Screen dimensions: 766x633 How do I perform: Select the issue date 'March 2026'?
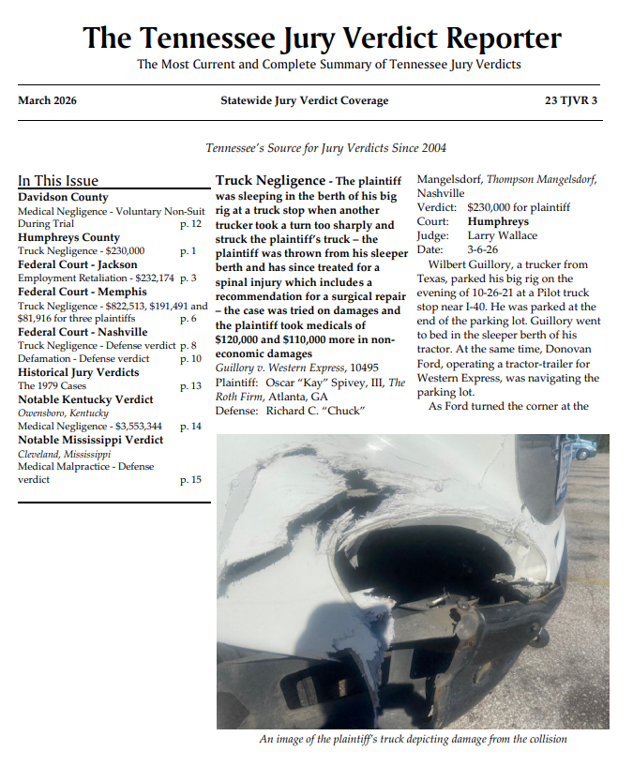pyautogui.click(x=47, y=100)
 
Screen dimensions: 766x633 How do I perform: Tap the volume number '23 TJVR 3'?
pyautogui.click(x=570, y=100)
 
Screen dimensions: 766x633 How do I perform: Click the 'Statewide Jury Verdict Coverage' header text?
pyautogui.click(x=304, y=100)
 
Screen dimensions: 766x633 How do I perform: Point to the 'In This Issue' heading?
pyautogui.click(x=58, y=181)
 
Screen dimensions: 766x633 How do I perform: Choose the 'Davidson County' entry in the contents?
pyautogui.click(x=63, y=197)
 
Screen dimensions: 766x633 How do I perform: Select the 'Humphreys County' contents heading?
pyautogui.click(x=68, y=237)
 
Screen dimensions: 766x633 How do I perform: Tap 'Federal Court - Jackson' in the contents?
pyautogui.click(x=77, y=264)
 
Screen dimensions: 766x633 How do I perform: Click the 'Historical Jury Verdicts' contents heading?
pyautogui.click(x=78, y=372)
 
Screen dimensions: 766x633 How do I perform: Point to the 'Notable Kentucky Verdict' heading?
pyautogui.click(x=85, y=399)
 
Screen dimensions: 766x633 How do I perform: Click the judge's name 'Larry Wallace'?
pyautogui.click(x=504, y=236)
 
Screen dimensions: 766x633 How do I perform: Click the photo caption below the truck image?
pyautogui.click(x=413, y=739)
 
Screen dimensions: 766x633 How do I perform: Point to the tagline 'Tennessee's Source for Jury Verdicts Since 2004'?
pyautogui.click(x=325, y=148)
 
